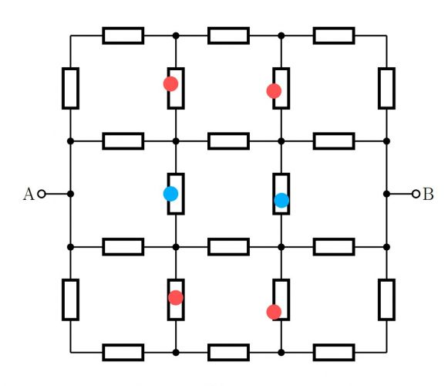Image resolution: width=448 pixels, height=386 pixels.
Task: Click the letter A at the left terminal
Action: point(29,194)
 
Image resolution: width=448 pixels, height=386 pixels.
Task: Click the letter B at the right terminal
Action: point(428,194)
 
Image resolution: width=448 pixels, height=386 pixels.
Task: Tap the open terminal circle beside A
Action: point(42,194)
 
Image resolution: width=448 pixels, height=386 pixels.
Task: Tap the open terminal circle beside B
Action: point(416,194)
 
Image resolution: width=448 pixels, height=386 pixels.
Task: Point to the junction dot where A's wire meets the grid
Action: point(71,194)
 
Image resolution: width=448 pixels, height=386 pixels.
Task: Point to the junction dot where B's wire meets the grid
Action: point(386,194)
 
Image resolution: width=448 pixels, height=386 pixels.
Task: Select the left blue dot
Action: point(171,194)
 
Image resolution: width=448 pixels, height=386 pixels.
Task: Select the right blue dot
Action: point(281,200)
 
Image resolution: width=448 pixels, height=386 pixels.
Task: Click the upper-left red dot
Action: point(171,84)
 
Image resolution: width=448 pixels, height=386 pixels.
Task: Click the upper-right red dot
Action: point(274,91)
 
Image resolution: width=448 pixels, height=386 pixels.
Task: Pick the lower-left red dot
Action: point(176,297)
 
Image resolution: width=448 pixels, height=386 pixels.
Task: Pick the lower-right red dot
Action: point(274,312)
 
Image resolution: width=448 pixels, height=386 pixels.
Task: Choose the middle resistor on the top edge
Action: point(228,36)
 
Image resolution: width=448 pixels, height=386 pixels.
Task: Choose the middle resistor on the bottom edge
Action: point(228,353)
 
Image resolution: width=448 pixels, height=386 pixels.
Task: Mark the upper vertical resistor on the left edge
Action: point(71,89)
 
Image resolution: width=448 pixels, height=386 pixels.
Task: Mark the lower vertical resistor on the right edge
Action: point(386,300)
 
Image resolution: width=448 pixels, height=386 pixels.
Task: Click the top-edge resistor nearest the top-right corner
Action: point(334,36)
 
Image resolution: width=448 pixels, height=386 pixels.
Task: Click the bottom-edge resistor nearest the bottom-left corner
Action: point(123,353)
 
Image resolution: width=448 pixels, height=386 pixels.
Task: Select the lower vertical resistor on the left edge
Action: point(71,300)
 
